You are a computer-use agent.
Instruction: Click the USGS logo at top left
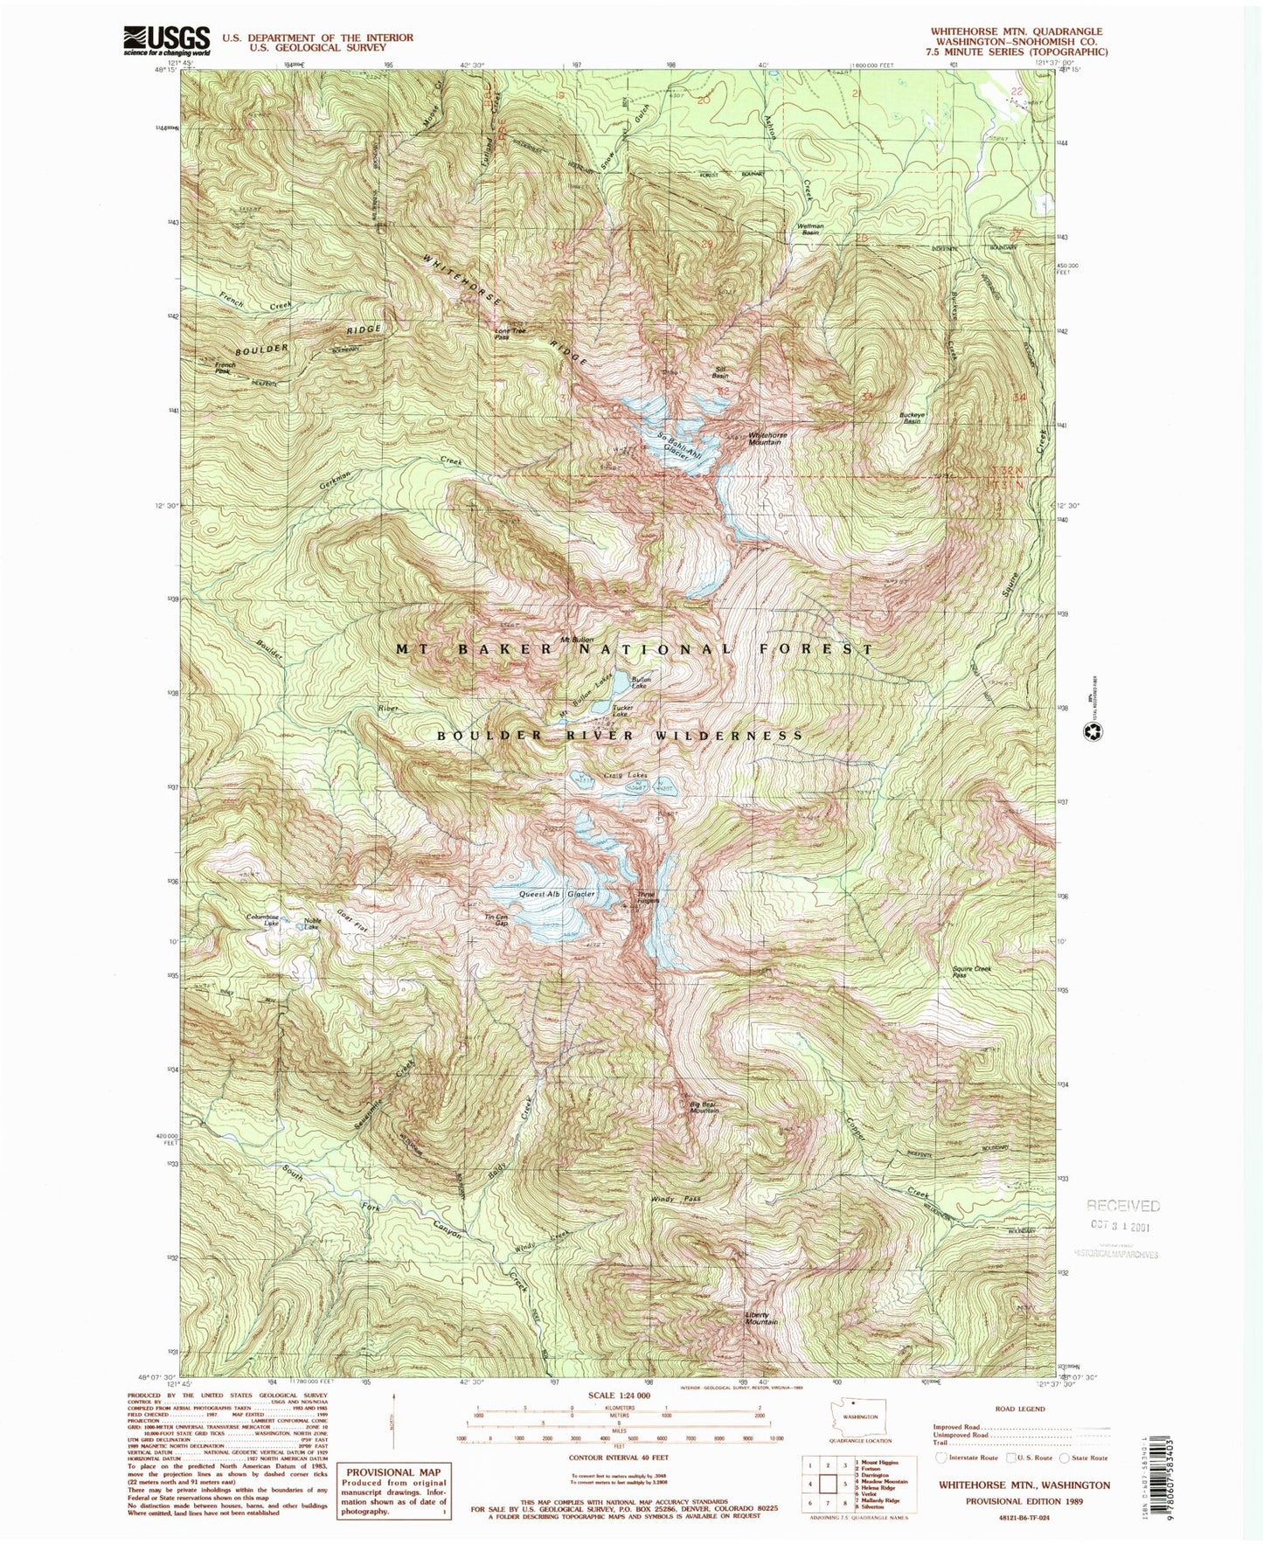[168, 40]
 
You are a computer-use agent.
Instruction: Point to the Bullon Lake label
[642, 682]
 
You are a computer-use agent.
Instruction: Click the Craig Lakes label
[625, 775]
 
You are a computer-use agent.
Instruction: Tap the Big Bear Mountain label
[704, 1107]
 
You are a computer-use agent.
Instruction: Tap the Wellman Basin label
[809, 229]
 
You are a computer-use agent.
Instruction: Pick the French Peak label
[226, 368]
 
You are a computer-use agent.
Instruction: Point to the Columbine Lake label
[262, 920]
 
